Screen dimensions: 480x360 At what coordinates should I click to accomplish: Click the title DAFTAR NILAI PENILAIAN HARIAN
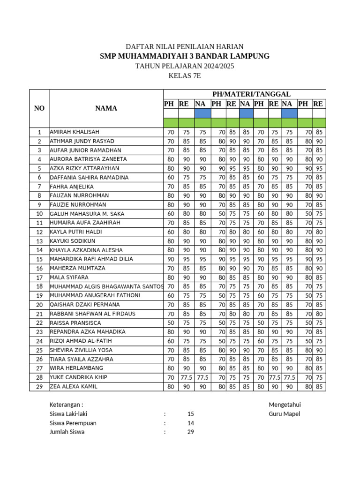185,46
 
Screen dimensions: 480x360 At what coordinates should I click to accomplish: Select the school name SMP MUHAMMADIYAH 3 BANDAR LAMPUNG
185,56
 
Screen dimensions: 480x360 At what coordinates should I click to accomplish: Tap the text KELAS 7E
185,76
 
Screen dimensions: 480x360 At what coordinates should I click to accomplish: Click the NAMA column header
106,108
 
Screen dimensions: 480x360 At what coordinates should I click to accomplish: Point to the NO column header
39,108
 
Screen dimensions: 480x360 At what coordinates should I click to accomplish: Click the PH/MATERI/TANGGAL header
245,94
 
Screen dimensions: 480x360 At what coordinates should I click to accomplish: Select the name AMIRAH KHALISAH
75,132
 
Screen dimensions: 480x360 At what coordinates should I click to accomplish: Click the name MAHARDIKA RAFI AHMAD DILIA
91,259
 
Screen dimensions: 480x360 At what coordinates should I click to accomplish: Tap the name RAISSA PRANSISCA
75,323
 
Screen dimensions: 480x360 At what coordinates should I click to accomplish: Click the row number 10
39,214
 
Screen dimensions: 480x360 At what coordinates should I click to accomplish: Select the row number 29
39,387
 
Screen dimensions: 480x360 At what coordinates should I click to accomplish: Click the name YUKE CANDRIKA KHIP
78,377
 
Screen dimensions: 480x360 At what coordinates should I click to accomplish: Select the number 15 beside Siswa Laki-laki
190,414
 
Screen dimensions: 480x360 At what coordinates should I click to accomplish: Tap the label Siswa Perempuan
73,423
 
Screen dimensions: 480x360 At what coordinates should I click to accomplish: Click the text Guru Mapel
285,414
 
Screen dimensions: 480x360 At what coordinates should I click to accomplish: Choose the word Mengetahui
285,405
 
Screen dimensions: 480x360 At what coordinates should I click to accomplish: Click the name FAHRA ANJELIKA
71,187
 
